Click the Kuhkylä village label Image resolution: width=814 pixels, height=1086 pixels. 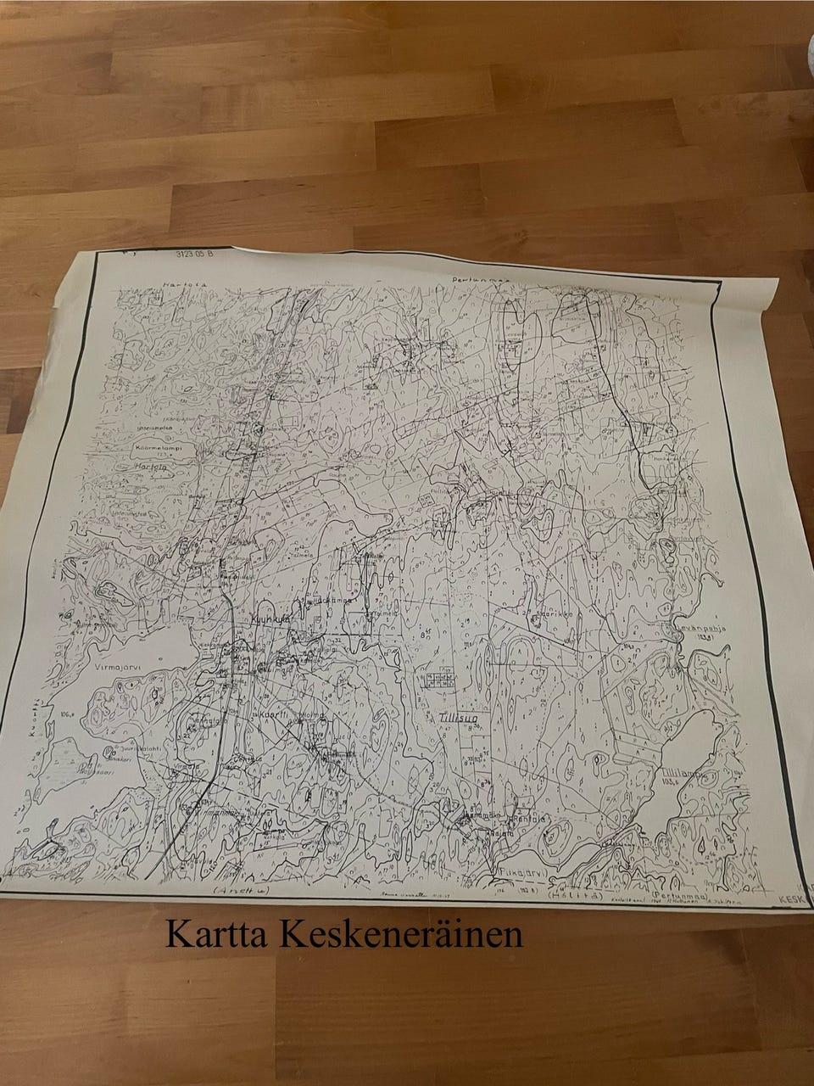coord(269,619)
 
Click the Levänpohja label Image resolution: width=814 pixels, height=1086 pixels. coord(703,629)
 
